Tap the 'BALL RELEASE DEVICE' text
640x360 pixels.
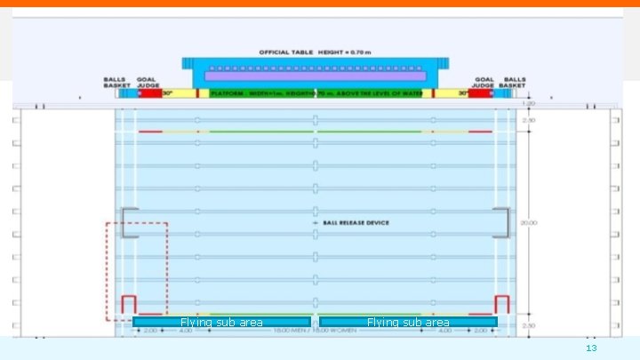pyautogui.click(x=356, y=222)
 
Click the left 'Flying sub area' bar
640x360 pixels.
pyautogui.click(x=221, y=322)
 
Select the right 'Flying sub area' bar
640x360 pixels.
pyautogui.click(x=408, y=322)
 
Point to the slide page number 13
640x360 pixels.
pyautogui.click(x=591, y=348)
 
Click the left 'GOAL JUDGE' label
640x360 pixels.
pyautogui.click(x=149, y=83)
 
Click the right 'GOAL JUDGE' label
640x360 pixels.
pyautogui.click(x=484, y=83)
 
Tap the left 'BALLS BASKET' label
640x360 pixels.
pyautogui.click(x=116, y=83)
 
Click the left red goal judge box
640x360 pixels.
pyautogui.click(x=150, y=93)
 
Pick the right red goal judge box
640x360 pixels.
pyautogui.click(x=481, y=93)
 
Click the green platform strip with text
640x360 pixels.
pyautogui.click(x=316, y=93)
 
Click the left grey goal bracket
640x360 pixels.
pyautogui.click(x=128, y=223)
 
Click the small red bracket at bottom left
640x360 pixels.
pyautogui.click(x=128, y=303)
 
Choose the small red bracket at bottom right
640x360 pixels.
pyautogui.click(x=501, y=303)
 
